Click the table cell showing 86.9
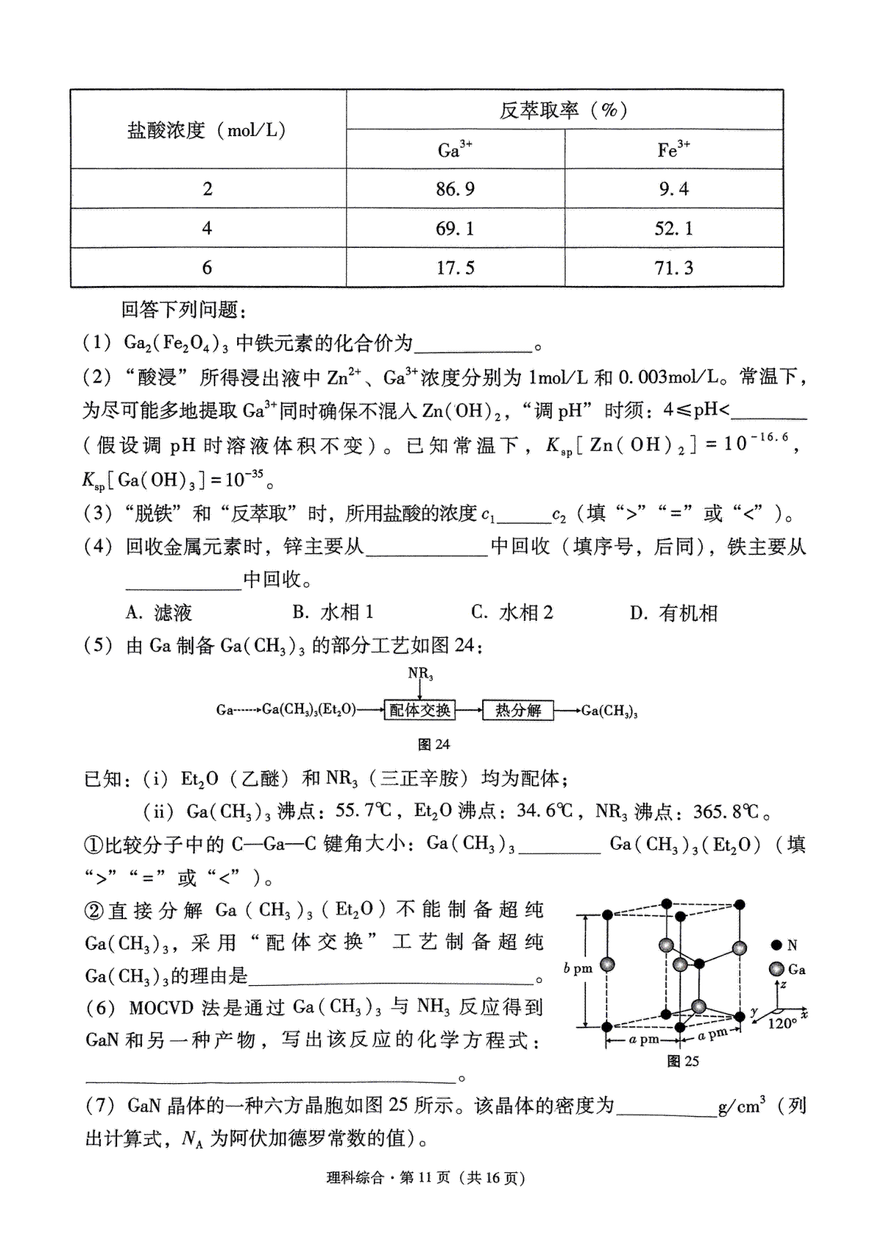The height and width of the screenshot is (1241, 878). coord(455,189)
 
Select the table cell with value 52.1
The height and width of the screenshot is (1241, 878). coord(673,229)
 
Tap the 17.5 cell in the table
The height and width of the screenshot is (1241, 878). coord(455,268)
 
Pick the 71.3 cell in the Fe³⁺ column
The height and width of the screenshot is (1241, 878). coord(673,268)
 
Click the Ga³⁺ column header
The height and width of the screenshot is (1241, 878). coord(455,150)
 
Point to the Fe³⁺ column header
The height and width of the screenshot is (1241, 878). coord(673,150)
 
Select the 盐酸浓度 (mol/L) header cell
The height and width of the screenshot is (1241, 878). coord(207,130)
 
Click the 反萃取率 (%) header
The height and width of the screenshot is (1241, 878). coord(563,110)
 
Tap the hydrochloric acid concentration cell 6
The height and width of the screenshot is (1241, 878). coord(207,268)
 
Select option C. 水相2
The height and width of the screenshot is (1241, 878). coord(512,613)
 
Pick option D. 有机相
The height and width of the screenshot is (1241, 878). coord(674,613)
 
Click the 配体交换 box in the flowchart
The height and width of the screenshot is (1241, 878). coord(420,710)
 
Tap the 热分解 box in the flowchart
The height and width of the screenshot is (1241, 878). coord(517,710)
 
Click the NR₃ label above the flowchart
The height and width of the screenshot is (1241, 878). coord(420,674)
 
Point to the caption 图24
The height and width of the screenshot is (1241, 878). coord(433,744)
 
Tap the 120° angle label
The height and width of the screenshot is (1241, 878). coord(781,1024)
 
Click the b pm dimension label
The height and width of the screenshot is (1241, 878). coord(577,968)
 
